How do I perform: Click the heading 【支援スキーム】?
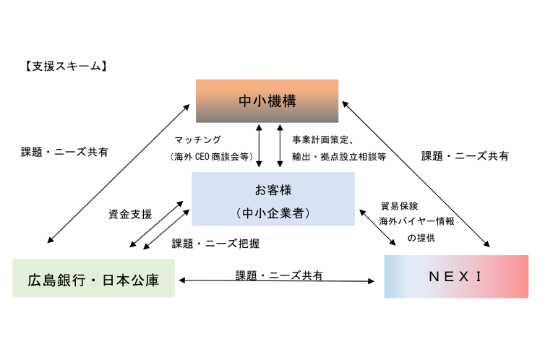coord(66,67)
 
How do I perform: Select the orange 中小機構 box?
coord(267,100)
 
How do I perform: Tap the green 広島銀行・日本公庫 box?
coord(93,278)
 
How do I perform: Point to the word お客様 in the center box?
coord(273,192)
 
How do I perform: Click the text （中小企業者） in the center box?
coord(273,213)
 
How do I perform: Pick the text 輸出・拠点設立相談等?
coord(338,155)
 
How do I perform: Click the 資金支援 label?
coord(130,214)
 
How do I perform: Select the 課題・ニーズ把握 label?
coord(215,244)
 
